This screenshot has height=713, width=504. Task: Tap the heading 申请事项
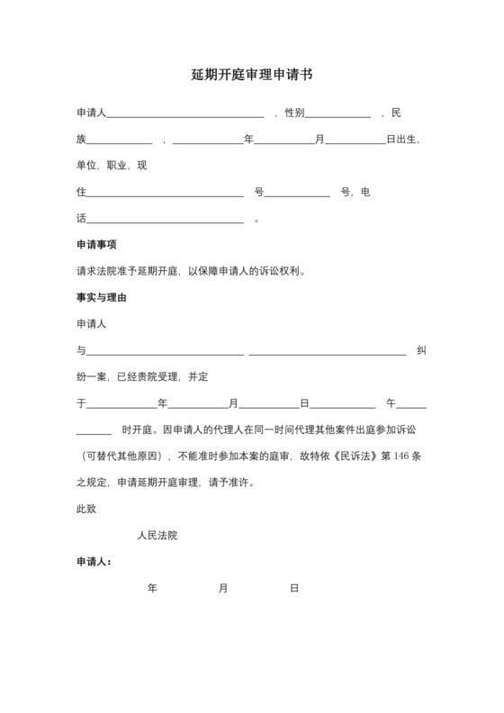(96, 245)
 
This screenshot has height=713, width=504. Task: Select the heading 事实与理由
(101, 297)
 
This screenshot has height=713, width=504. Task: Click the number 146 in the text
(402, 456)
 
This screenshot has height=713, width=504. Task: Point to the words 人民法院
(157, 535)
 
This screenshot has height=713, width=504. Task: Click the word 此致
(86, 509)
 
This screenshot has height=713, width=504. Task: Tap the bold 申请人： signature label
(94, 561)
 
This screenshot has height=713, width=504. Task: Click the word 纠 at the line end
(421, 350)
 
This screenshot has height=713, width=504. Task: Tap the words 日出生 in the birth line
(402, 140)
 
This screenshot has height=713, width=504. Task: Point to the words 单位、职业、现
(112, 167)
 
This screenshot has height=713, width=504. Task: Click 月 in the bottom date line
(222, 588)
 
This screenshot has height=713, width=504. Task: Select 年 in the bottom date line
(152, 588)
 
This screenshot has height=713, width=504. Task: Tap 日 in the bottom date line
(293, 588)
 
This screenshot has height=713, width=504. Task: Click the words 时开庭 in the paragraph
(139, 429)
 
